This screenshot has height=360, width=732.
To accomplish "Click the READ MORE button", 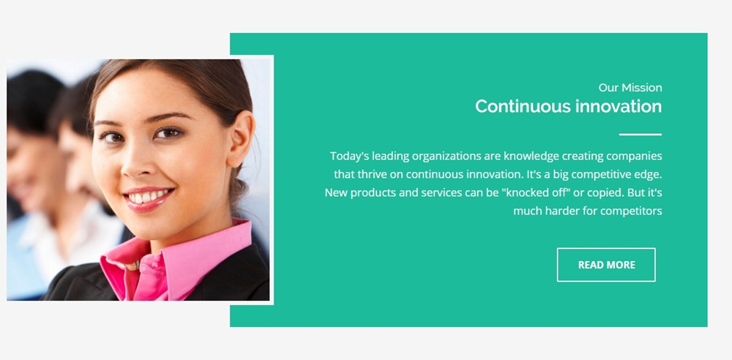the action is click(606, 265).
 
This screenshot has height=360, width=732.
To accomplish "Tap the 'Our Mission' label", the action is click(630, 88).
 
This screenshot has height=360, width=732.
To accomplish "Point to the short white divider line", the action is click(640, 135).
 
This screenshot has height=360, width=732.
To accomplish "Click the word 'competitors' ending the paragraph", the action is click(631, 211).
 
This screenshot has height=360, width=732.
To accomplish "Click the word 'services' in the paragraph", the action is click(441, 193).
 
